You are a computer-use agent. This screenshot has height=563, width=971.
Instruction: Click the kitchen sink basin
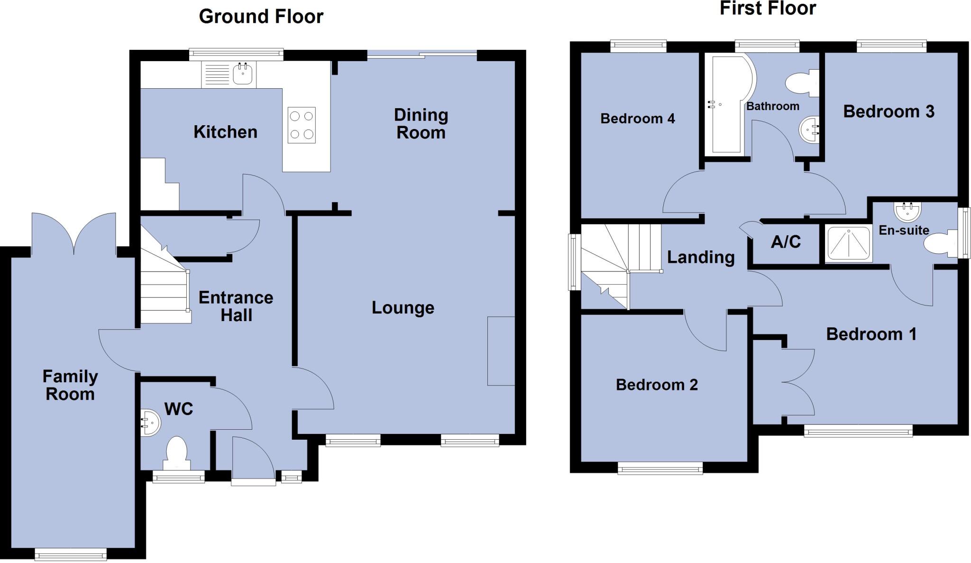point(243,74)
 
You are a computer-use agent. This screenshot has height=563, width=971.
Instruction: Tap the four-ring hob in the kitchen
point(302,125)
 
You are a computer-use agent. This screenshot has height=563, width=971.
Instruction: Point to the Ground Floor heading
point(261,17)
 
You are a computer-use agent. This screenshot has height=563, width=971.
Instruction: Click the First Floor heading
point(768,9)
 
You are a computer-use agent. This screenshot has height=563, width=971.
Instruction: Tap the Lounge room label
point(403,308)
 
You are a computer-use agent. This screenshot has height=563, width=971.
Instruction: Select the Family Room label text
point(70,385)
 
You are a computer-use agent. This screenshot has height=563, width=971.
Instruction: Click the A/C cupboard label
point(786,242)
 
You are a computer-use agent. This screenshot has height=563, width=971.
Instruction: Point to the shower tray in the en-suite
point(849,244)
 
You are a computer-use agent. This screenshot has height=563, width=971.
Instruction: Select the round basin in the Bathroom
point(809,130)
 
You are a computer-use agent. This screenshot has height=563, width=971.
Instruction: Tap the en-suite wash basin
point(907,211)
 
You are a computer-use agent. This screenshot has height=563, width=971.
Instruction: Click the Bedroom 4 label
point(637,119)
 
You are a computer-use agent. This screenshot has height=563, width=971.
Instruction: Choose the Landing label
point(700,258)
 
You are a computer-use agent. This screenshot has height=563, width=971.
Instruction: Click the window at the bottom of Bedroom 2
point(660,469)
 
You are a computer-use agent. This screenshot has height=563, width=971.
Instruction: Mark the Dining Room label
point(421,124)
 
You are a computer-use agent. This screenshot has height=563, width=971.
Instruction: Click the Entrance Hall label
point(236,306)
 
